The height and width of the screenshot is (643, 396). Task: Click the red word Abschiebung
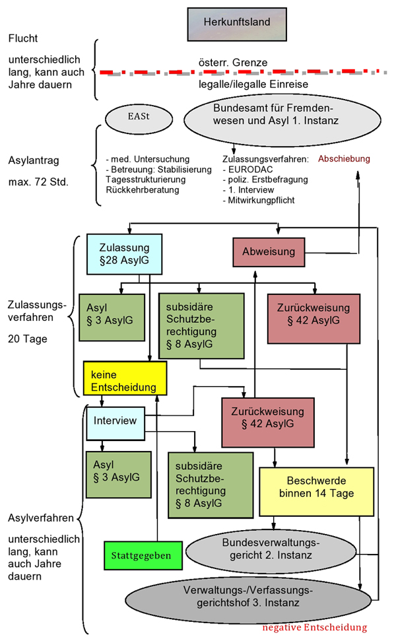[x=344, y=159]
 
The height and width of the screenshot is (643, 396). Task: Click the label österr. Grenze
[x=233, y=61]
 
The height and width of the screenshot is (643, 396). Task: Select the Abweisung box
[x=272, y=252]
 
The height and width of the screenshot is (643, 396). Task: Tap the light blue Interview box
[x=115, y=421]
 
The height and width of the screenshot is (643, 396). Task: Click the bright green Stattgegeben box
[x=141, y=555]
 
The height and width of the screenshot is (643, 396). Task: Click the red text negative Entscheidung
[x=314, y=627]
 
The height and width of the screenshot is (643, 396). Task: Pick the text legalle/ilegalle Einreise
[x=253, y=85]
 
